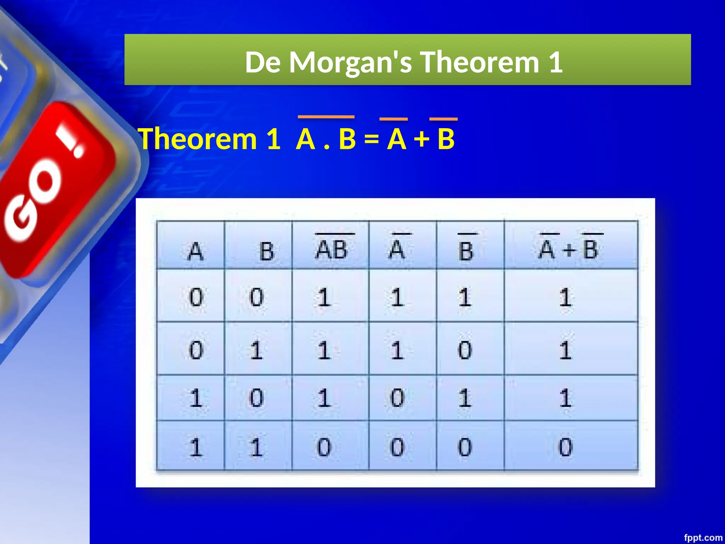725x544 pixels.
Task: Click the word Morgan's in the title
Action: coord(350,62)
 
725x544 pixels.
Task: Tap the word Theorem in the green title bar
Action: coord(480,62)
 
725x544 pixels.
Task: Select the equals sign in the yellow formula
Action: coord(371,139)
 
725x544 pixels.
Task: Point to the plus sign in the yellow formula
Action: coord(422,139)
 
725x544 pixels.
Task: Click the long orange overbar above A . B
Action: coord(326,117)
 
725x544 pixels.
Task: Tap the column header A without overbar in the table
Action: coord(195,251)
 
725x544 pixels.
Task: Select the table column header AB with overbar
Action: coord(331,249)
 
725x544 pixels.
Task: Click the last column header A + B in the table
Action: coord(568,249)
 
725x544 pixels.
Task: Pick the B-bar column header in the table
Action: coord(466,251)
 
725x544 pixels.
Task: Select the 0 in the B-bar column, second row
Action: coord(465,350)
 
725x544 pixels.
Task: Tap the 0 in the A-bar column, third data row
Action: coord(397,398)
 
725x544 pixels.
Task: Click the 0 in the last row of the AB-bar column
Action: coord(324,447)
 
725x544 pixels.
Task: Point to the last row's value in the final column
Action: coord(565,447)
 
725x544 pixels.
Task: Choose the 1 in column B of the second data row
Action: coord(256,350)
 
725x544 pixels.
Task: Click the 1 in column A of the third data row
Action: coord(195,398)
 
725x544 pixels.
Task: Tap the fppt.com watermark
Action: coord(703,538)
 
